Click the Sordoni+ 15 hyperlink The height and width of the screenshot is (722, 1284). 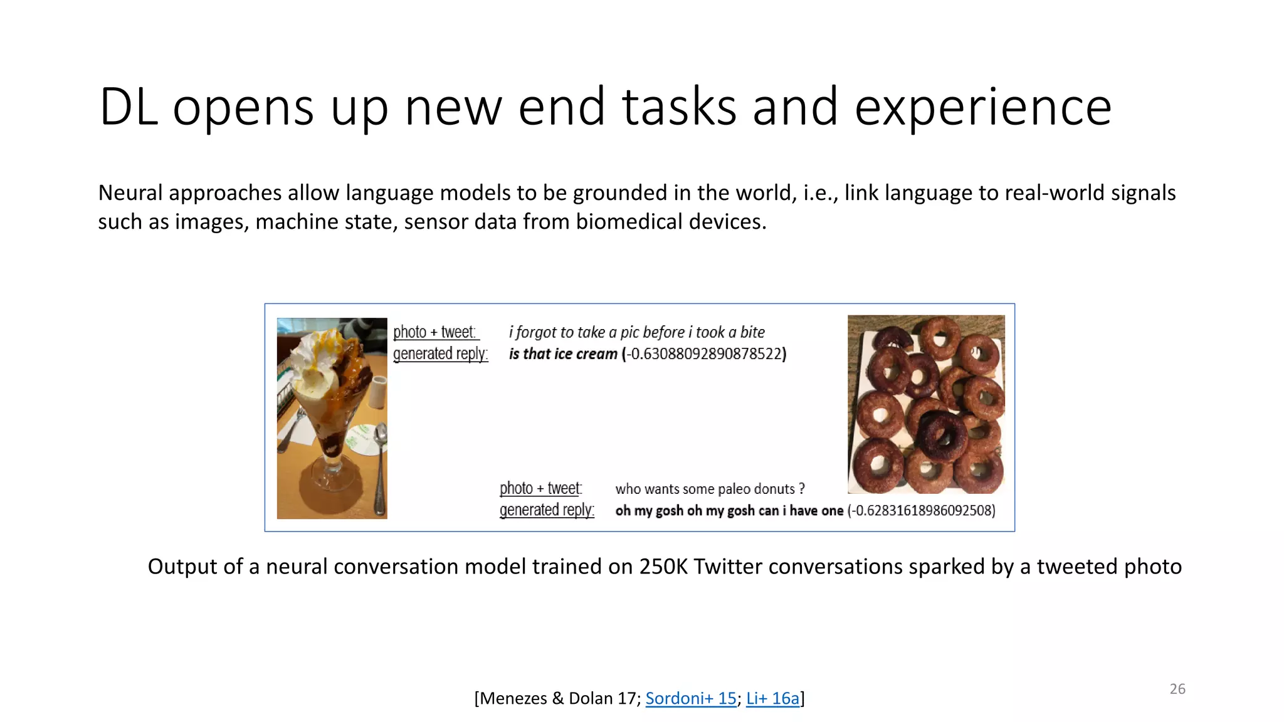click(690, 698)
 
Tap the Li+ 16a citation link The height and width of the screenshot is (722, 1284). click(772, 698)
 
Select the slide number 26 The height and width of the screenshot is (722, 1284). click(1177, 689)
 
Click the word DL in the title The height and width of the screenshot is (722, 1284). click(129, 108)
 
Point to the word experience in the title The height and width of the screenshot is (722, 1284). click(982, 108)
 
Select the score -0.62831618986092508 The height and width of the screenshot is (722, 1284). click(921, 511)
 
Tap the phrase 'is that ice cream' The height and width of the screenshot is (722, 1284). click(562, 354)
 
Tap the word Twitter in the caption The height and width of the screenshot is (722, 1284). click(728, 567)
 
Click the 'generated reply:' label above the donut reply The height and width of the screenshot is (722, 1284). click(547, 510)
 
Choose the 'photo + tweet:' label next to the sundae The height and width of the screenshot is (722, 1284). click(434, 332)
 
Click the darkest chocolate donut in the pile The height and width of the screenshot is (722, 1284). click(940, 434)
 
